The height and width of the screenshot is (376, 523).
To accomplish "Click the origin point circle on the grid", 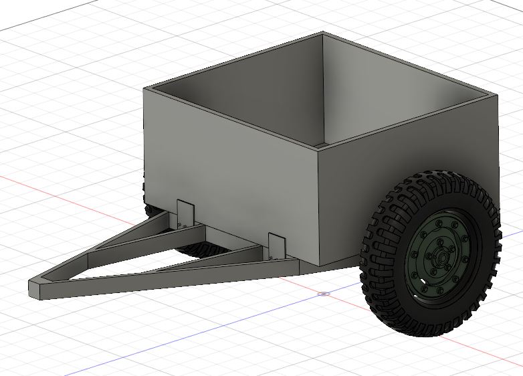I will pos(324,293).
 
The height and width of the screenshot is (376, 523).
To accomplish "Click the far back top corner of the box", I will pos(323,33).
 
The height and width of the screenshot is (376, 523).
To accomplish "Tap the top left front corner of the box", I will pos(144,90).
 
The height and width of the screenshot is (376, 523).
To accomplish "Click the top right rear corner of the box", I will pos(498,95).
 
